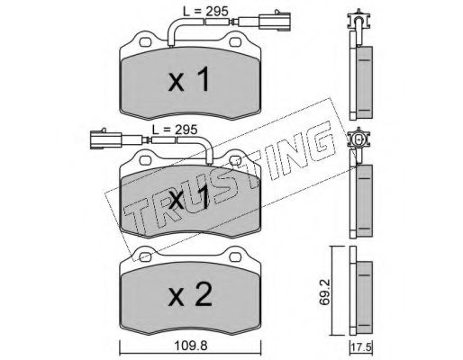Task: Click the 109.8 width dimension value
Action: pos(191,346)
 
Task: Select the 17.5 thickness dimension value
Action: pos(361,348)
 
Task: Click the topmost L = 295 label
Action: pos(205,12)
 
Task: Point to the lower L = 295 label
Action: pos(175,130)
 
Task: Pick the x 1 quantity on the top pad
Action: pos(188,79)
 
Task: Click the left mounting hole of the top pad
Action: pos(145,42)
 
